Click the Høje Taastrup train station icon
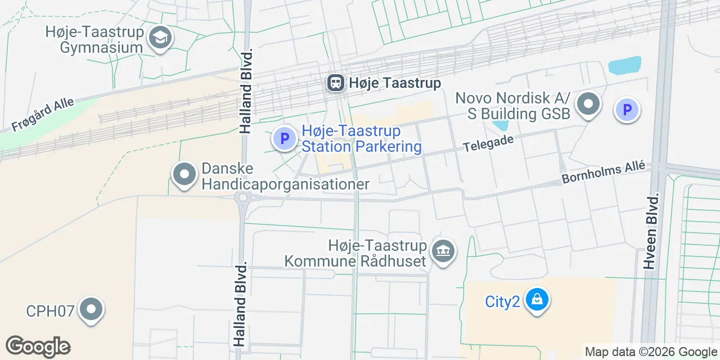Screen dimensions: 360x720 coord(336,83)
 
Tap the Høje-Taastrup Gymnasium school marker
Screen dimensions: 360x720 coord(161,38)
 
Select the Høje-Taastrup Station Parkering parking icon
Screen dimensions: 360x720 coord(284,138)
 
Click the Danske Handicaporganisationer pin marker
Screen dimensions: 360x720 coord(184,175)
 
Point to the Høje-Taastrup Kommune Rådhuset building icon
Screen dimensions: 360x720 coord(443,251)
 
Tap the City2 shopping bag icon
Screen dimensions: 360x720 coord(537,300)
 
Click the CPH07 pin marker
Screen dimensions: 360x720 coord(91,310)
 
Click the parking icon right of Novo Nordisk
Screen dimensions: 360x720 coord(627,109)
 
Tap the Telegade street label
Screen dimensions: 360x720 coord(488,142)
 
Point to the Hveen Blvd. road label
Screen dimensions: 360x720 coord(652,232)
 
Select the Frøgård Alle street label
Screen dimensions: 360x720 coord(43,116)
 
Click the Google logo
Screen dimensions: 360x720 coord(38,346)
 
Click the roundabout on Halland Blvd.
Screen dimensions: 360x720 coord(243,197)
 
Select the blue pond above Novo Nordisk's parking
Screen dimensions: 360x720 coord(624,65)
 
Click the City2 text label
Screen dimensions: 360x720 coord(502,301)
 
